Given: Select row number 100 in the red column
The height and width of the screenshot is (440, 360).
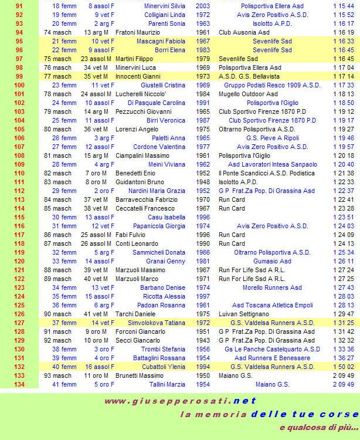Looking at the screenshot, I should pyautogui.click(x=19, y=85).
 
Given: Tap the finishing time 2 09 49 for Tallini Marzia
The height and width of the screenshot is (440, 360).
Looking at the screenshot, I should pyautogui.click(x=343, y=384).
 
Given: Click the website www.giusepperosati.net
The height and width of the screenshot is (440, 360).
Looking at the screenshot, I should pyautogui.click(x=181, y=401).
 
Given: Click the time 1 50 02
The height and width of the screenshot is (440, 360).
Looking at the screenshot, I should pyautogui.click(x=343, y=367).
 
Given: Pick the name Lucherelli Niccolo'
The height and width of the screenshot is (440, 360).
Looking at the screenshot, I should pyautogui.click(x=141, y=94).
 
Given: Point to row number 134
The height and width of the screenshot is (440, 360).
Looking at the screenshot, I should pyautogui.click(x=19, y=384).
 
